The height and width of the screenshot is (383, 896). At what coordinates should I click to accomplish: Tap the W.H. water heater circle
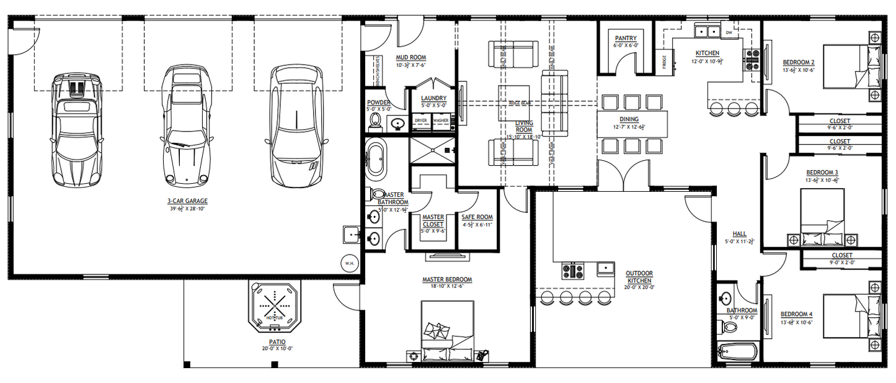(x=349, y=263)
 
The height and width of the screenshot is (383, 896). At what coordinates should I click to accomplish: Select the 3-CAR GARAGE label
(x=187, y=201)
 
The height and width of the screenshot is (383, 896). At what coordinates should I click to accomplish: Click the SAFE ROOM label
(x=477, y=217)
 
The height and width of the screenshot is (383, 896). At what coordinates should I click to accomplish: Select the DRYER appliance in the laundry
(x=421, y=120)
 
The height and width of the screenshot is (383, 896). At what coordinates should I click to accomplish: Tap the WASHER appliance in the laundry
(x=441, y=120)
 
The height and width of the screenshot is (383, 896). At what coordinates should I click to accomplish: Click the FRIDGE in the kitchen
(x=665, y=62)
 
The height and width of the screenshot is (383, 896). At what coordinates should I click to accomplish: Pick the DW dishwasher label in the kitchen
(x=729, y=32)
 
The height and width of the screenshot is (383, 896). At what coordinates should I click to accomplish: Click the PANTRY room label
(x=625, y=38)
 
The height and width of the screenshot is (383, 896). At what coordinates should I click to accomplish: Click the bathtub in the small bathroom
(x=738, y=351)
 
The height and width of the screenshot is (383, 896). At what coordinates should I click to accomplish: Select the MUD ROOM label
(x=411, y=58)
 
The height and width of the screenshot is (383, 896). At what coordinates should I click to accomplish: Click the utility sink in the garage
(x=351, y=235)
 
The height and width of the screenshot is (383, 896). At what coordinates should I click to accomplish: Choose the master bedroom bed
(x=448, y=330)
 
